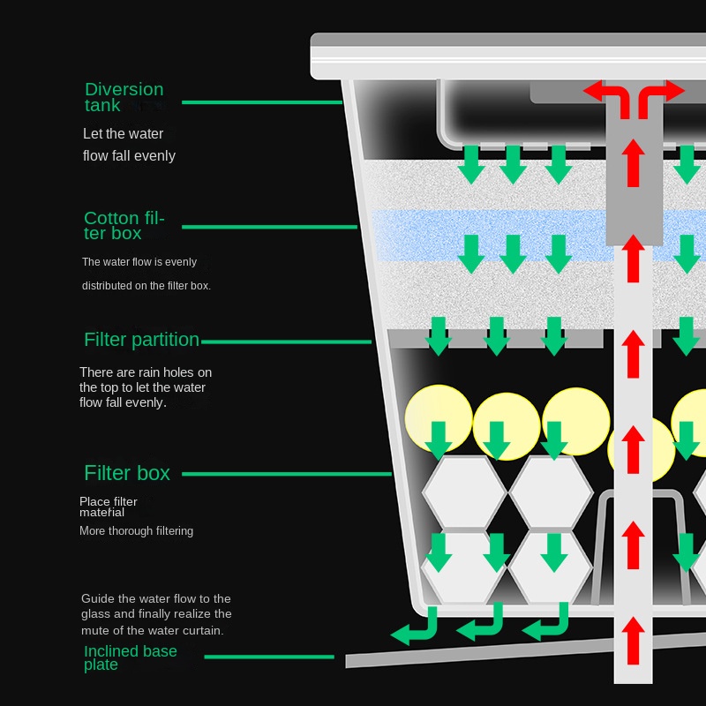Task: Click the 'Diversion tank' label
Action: pyautogui.click(x=124, y=97)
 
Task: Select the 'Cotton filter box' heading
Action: pyautogui.click(x=124, y=226)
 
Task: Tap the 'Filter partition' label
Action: pyautogui.click(x=141, y=340)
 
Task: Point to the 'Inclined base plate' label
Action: pyautogui.click(x=130, y=657)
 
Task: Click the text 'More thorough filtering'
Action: pyautogui.click(x=136, y=531)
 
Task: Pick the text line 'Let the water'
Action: pyautogui.click(x=124, y=134)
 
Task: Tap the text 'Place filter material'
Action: pyautogui.click(x=108, y=507)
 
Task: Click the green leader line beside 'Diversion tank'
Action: pyautogui.click(x=261, y=103)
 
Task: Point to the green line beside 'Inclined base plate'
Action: pyautogui.click(x=269, y=657)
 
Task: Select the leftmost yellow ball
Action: pyautogui.click(x=438, y=418)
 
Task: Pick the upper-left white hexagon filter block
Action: pyautogui.click(x=464, y=492)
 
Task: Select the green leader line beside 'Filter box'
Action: pyautogui.click(x=286, y=474)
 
